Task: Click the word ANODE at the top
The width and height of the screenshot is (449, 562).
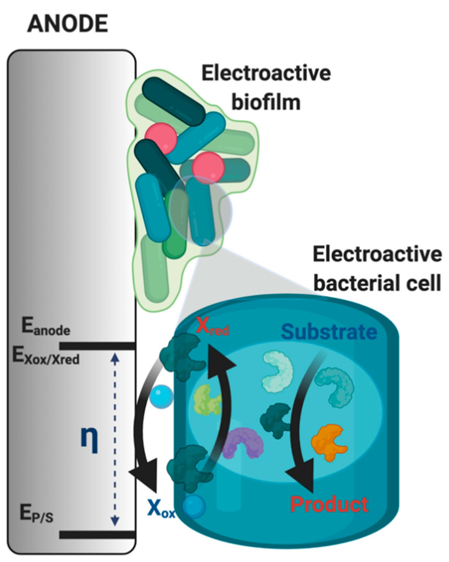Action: [68, 24]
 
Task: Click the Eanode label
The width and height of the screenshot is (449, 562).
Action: [46, 328]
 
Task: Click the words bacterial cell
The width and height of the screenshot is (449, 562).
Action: [377, 283]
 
